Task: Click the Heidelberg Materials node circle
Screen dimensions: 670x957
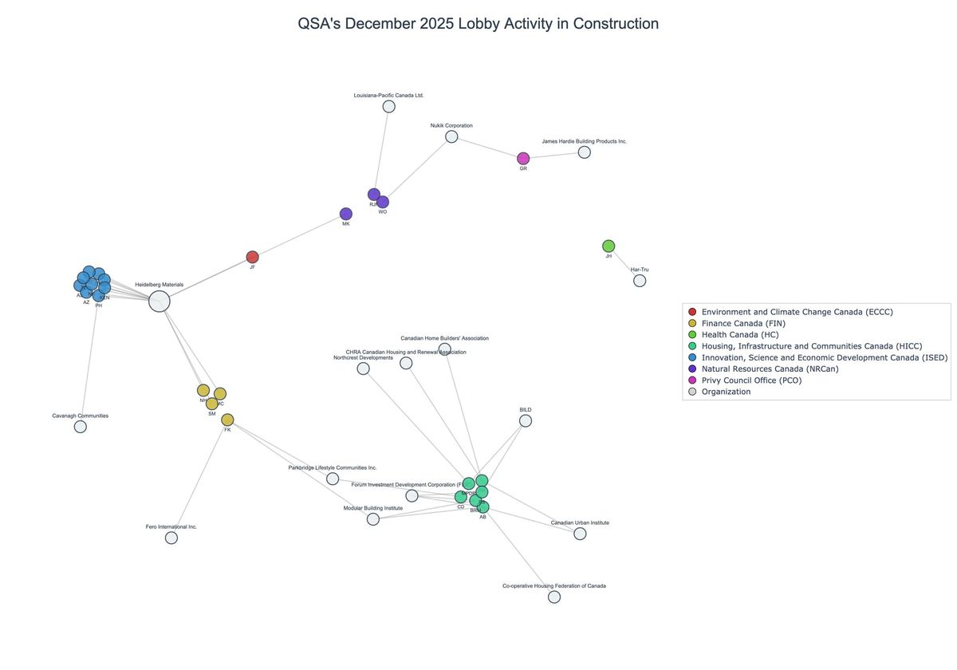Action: tap(159, 301)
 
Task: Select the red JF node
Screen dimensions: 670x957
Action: tap(252, 257)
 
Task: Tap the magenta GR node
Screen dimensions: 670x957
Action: tap(523, 159)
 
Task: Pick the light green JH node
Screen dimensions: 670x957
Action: tap(608, 246)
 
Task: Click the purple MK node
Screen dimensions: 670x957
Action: tap(346, 214)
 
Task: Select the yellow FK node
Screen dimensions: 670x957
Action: tap(227, 420)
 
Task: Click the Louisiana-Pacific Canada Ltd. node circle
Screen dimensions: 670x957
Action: tap(389, 106)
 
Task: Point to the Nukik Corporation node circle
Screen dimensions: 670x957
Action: tap(451, 136)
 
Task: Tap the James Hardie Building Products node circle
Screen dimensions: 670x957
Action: tap(585, 152)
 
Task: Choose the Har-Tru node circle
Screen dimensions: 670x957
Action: tap(640, 281)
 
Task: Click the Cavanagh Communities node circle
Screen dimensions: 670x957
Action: tap(81, 427)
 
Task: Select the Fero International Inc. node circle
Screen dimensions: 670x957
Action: tap(171, 538)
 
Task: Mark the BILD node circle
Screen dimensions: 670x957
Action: tap(526, 421)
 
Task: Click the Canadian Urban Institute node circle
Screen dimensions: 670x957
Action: tap(580, 534)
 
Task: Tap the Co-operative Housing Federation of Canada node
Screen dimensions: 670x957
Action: tap(554, 597)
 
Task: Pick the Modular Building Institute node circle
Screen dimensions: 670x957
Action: tap(373, 519)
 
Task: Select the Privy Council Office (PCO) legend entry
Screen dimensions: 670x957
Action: tap(751, 380)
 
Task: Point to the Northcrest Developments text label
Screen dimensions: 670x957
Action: tap(363, 358)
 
